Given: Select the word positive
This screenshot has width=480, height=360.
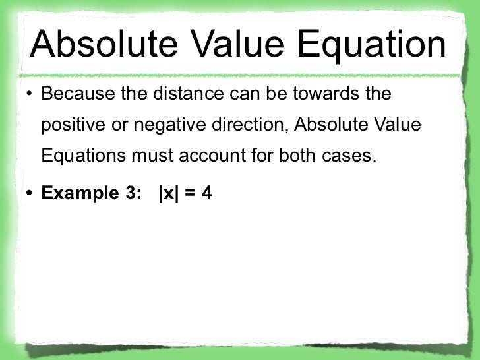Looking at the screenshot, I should (x=71, y=126).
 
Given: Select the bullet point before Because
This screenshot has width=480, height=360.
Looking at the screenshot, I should (x=29, y=95).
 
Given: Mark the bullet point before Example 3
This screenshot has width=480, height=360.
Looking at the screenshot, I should (x=29, y=195).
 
